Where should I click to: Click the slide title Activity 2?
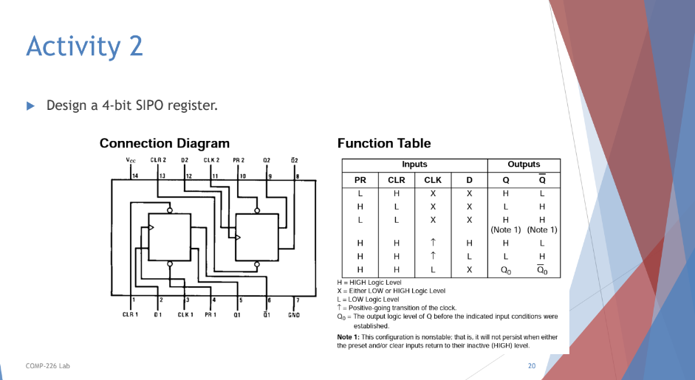click(84, 47)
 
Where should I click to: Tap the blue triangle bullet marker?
click(31, 106)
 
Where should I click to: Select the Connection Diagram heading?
click(164, 143)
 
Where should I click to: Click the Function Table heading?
click(383, 143)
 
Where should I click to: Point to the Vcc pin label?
click(131, 159)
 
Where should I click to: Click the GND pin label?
click(294, 315)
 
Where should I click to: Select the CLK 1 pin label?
click(185, 315)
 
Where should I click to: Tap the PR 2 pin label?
click(239, 159)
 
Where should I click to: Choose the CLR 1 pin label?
click(131, 315)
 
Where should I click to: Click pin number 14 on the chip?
click(135, 176)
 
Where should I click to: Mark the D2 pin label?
click(185, 159)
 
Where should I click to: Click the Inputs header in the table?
click(414, 165)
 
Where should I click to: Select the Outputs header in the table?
click(524, 165)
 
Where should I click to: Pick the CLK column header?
click(433, 180)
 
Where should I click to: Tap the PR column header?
click(360, 180)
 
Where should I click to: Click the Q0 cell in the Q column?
click(506, 270)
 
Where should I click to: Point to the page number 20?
click(532, 366)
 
